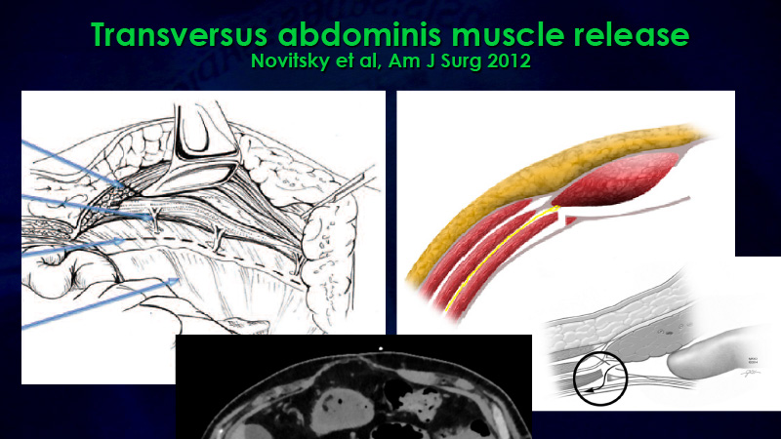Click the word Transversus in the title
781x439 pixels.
click(180, 34)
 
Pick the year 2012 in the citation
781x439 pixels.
click(509, 60)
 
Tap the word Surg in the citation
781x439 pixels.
click(464, 61)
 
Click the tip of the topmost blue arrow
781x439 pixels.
click(125, 187)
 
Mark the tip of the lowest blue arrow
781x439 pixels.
click(179, 280)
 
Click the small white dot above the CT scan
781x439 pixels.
click(381, 349)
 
